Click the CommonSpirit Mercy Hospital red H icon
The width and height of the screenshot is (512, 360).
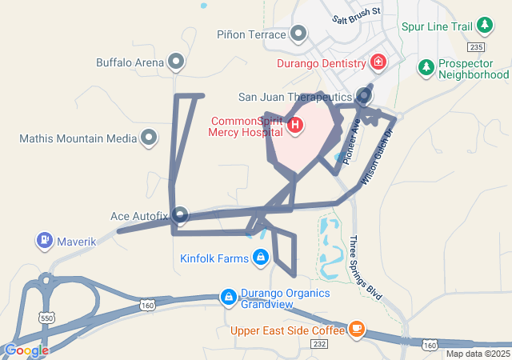[x=294, y=125]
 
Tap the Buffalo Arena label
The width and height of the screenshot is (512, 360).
[x=130, y=62]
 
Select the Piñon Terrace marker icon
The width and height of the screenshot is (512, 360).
[x=298, y=34]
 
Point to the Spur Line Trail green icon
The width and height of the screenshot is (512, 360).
[x=484, y=26]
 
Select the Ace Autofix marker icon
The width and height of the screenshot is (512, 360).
[x=180, y=215]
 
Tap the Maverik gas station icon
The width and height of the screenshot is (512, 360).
[x=44, y=240]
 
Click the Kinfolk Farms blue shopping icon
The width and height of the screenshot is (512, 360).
[x=260, y=258]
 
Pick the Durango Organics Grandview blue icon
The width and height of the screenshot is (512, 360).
[x=229, y=298]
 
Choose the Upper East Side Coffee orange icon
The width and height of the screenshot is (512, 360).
[x=356, y=329]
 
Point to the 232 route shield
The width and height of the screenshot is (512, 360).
[x=319, y=344]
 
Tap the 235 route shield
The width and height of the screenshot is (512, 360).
[x=478, y=47]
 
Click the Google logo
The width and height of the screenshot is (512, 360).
[x=26, y=350]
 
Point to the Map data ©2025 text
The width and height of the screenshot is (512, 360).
[x=477, y=354]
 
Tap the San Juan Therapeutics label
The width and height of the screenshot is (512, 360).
[x=295, y=98]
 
